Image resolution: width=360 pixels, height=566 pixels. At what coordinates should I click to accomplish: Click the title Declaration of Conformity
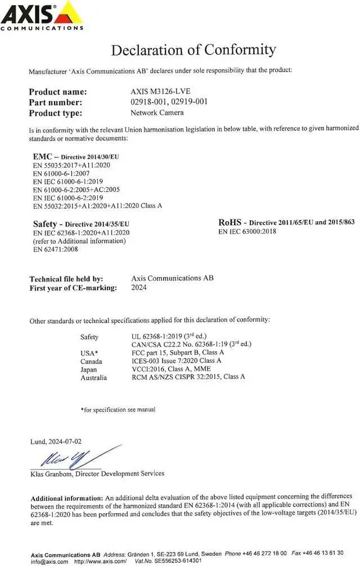coord(193,50)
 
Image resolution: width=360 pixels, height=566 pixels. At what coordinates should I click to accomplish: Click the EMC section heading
coord(43,156)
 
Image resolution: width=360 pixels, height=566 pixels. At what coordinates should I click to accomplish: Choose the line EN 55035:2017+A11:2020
coord(71,166)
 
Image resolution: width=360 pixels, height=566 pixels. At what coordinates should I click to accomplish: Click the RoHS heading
coord(230,222)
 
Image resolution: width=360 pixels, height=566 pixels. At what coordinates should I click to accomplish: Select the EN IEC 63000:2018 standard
coord(247,231)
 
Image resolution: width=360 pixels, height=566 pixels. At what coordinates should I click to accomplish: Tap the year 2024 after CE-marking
coord(138,288)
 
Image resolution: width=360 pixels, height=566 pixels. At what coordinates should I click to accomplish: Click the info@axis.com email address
coord(49,561)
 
